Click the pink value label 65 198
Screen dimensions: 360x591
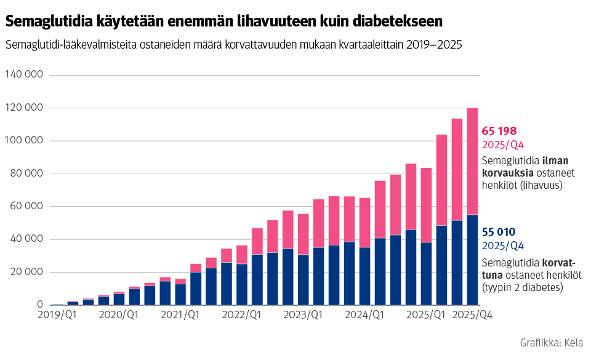coord(499,131)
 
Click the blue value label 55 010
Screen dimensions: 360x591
coord(499,232)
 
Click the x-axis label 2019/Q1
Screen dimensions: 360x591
coord(57,315)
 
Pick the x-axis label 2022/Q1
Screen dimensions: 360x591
coord(242,315)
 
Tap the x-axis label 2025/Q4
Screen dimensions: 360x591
coord(473,315)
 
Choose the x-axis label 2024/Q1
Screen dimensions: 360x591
coord(365,315)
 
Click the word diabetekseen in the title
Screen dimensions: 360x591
coord(392,21)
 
